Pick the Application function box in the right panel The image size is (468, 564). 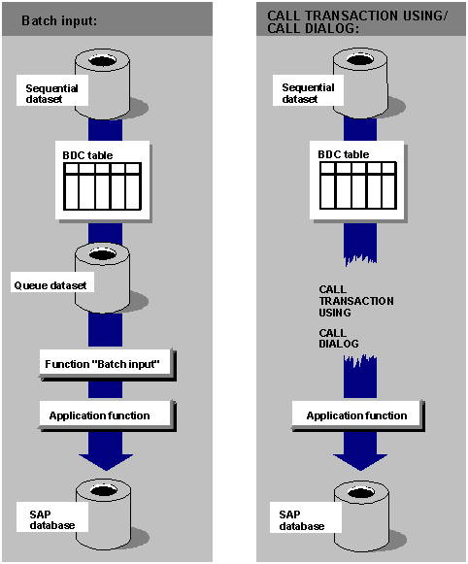[x=356, y=415]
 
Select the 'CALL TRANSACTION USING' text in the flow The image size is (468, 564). [x=355, y=301]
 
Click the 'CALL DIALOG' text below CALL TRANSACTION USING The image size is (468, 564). [x=339, y=338]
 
